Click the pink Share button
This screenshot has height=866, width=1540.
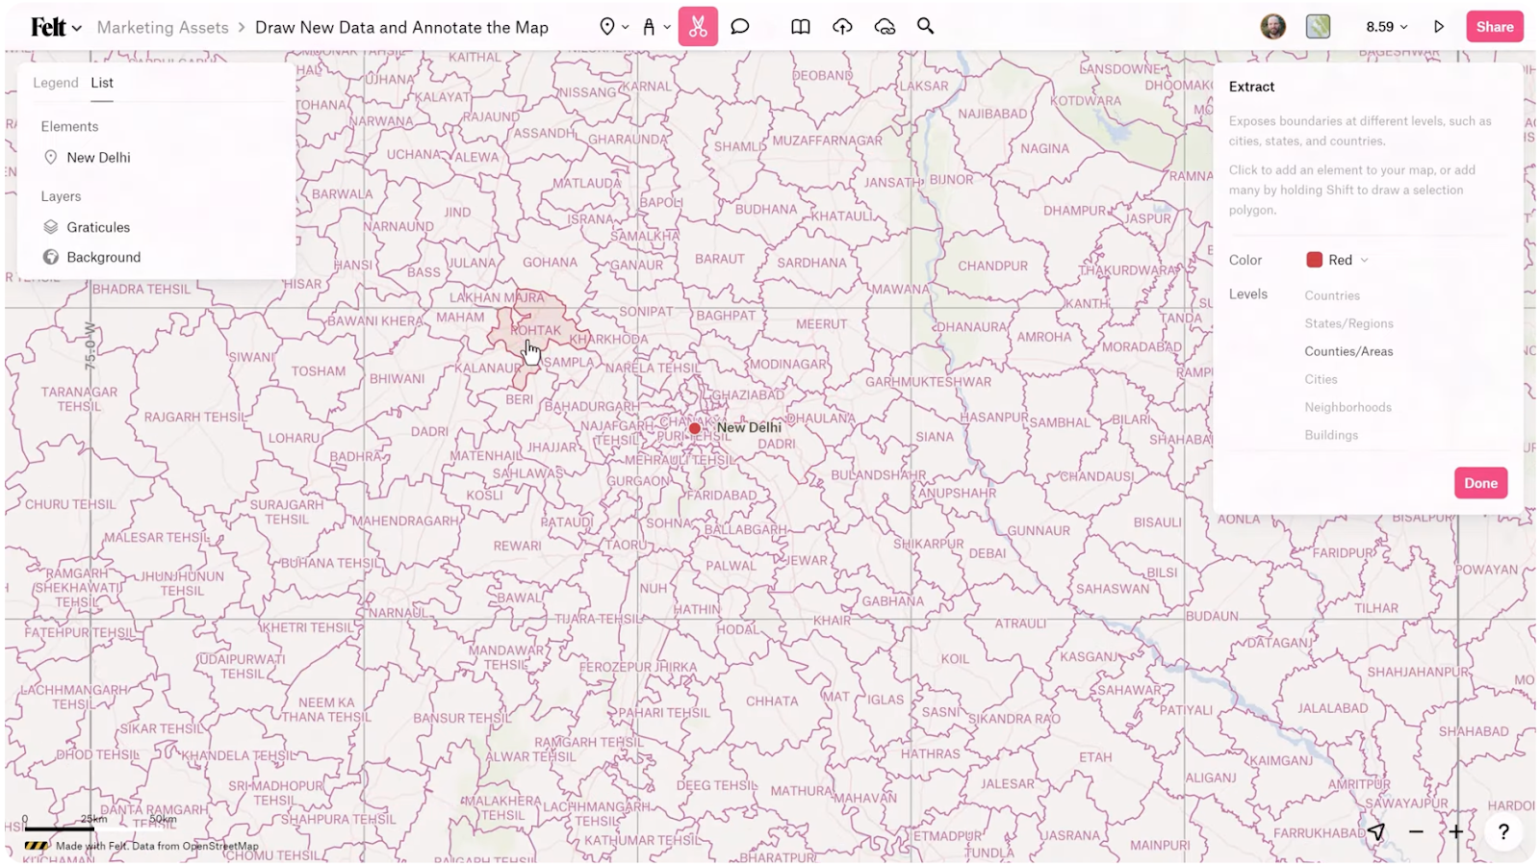click(1494, 27)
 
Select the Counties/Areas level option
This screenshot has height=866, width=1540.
click(1348, 351)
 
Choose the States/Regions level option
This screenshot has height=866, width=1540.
click(1348, 323)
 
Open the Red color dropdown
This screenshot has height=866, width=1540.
click(1337, 260)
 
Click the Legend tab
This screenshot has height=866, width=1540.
click(56, 83)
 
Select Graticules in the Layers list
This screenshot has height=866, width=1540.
click(98, 227)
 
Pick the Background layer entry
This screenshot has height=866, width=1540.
click(103, 257)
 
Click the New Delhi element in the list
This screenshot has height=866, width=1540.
click(98, 158)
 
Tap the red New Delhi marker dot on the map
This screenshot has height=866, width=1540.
click(695, 428)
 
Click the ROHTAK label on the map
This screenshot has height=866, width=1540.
click(536, 330)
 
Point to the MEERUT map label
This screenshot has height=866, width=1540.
click(821, 324)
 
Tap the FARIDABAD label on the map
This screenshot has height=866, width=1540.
click(722, 496)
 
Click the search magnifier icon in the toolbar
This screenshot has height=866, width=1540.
click(925, 27)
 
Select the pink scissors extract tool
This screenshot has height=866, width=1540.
click(698, 27)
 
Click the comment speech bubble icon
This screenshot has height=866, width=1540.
click(739, 27)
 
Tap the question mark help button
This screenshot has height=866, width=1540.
click(1502, 832)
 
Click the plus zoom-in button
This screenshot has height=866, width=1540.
click(1456, 832)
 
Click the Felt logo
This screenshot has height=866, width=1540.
click(48, 27)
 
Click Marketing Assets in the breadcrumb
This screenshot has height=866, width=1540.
click(163, 28)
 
